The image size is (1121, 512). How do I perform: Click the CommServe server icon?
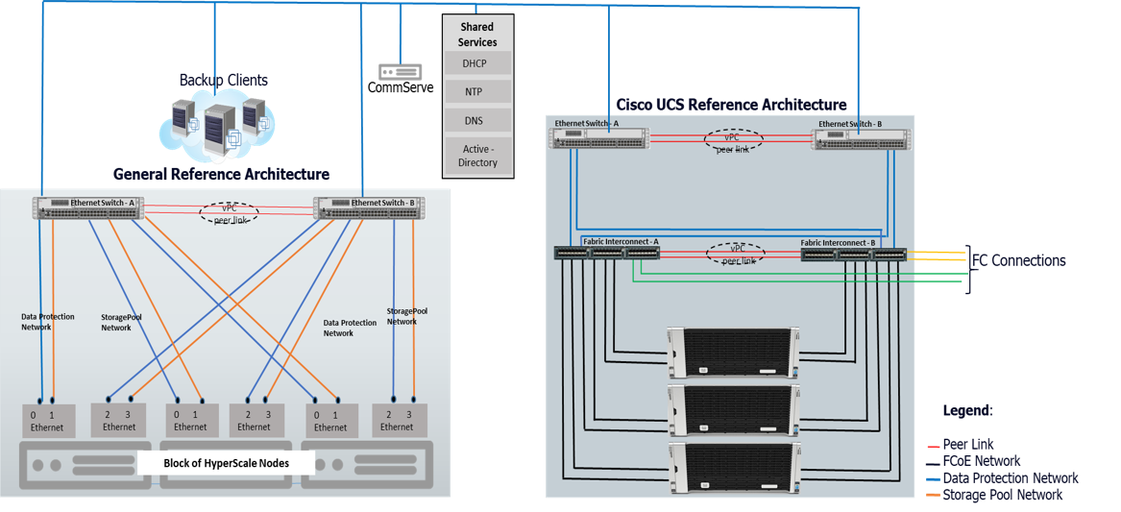(x=401, y=72)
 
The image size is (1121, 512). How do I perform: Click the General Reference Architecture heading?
(x=221, y=174)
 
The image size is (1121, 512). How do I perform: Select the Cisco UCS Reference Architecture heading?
(x=731, y=105)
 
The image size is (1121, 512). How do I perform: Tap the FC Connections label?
(x=1018, y=260)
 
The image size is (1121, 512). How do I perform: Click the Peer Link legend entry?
(x=967, y=444)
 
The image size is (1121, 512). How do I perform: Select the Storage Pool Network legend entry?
(x=1002, y=495)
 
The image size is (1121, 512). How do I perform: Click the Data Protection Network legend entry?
(x=1010, y=478)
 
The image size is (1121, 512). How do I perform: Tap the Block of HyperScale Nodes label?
(x=226, y=463)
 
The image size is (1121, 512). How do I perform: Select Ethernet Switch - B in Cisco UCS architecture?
(x=861, y=139)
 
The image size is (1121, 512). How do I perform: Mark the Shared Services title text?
(x=477, y=35)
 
